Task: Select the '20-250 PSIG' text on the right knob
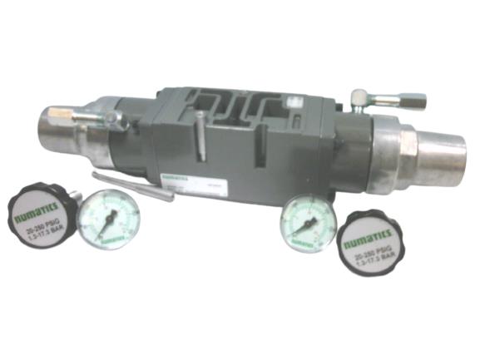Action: click(x=372, y=257)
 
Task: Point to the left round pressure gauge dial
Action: click(x=109, y=219)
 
